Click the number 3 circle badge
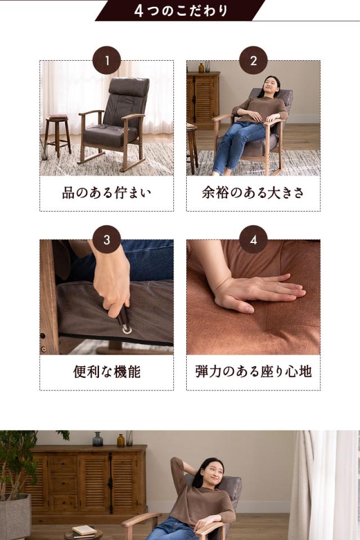(x=106, y=240)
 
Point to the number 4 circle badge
(x=253, y=240)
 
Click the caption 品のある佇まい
(x=106, y=193)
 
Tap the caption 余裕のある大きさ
(x=253, y=193)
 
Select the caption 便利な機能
(x=106, y=372)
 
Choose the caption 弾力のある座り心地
(x=253, y=372)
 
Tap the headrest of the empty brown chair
(x=129, y=88)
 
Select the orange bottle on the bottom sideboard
(x=120, y=440)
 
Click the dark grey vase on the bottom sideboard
(x=98, y=439)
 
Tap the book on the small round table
(x=84, y=529)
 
